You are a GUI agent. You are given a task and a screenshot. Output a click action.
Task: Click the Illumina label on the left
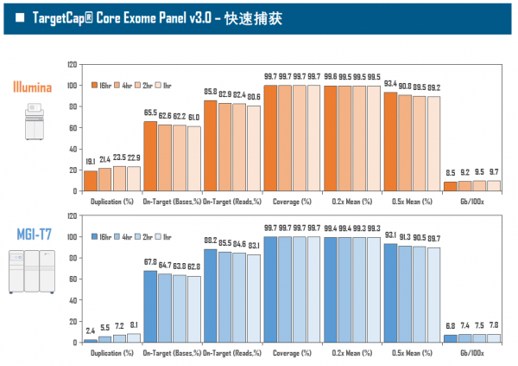[32, 87]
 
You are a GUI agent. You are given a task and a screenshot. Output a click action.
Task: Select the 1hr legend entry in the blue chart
[164, 237]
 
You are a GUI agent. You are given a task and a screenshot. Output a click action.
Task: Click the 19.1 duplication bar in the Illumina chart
[90, 182]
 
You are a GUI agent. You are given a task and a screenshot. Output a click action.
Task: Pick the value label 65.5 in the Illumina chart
[150, 112]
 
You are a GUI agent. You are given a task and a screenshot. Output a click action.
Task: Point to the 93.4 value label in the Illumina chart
[390, 83]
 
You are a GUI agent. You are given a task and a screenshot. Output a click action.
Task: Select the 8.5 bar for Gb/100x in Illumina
[450, 186]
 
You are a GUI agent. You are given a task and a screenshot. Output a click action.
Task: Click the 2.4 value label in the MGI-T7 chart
[90, 331]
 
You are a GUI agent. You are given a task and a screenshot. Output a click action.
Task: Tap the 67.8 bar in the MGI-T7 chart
[150, 306]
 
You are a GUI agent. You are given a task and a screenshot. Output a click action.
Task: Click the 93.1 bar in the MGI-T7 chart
[390, 292]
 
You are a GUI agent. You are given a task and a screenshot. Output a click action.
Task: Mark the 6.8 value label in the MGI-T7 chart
[450, 326]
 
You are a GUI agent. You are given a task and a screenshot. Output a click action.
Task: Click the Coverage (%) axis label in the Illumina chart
[292, 201]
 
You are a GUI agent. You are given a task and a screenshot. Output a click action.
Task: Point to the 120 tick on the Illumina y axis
[72, 64]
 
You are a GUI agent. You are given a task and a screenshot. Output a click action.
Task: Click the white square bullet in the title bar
[19, 17]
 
